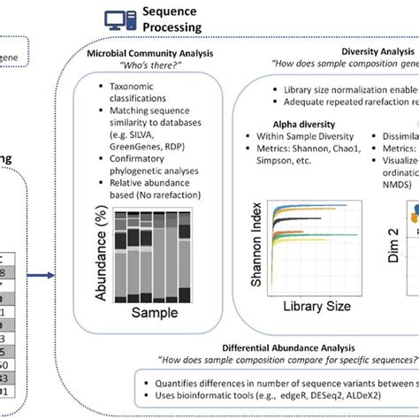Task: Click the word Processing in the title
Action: (x=173, y=27)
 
